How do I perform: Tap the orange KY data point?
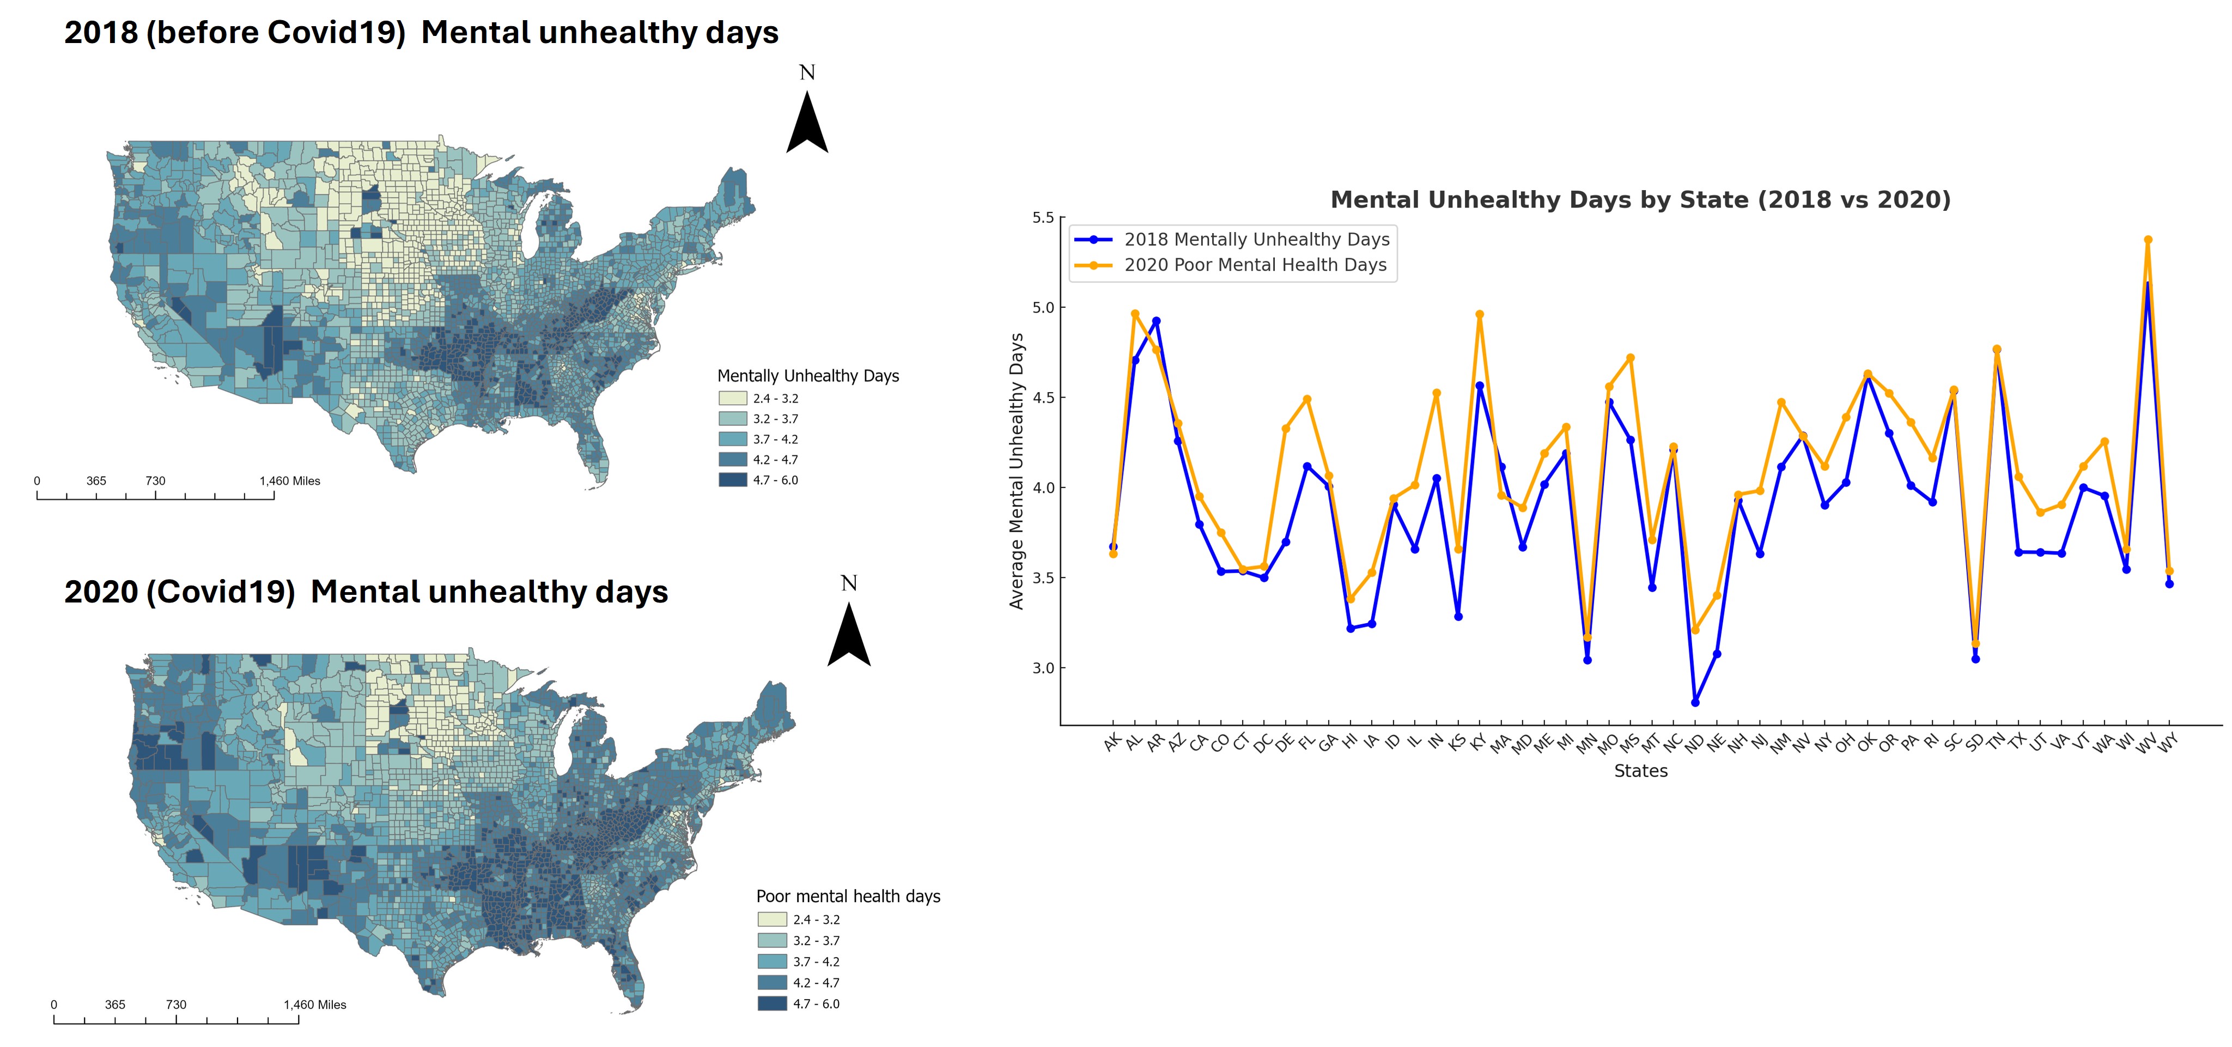click(1480, 315)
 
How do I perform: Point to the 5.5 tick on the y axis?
click(1043, 217)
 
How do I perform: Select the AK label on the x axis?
click(1112, 742)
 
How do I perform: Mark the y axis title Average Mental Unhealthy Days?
click(1017, 472)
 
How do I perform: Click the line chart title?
click(1640, 200)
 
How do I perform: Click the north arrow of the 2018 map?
click(807, 121)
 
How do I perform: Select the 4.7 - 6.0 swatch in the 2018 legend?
click(732, 480)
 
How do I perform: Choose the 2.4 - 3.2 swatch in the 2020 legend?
click(772, 920)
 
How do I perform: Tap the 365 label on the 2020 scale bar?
click(115, 1005)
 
